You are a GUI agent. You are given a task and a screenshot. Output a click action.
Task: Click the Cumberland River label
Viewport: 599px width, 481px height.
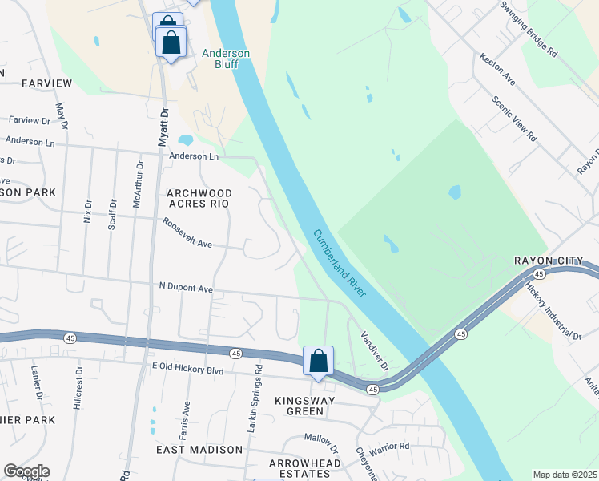(x=340, y=265)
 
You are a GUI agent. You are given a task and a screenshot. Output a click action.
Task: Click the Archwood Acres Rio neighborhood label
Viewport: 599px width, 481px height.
(x=199, y=199)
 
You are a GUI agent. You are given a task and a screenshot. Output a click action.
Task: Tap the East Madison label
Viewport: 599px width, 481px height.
(x=199, y=450)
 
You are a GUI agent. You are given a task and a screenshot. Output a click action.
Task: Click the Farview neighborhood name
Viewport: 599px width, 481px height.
(x=47, y=83)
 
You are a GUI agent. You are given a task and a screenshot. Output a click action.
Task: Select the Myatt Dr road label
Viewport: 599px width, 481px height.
(x=164, y=125)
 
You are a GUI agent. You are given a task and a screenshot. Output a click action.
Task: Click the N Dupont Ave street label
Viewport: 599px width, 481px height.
(x=186, y=287)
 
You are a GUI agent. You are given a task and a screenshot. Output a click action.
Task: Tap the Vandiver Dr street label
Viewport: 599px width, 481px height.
(x=373, y=351)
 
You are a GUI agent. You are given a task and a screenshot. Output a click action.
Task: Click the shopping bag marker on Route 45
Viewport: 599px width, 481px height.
(x=318, y=361)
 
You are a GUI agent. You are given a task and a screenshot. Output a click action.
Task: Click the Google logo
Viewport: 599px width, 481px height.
(x=26, y=471)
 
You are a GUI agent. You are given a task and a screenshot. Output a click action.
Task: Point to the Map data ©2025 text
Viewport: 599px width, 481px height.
(x=565, y=475)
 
